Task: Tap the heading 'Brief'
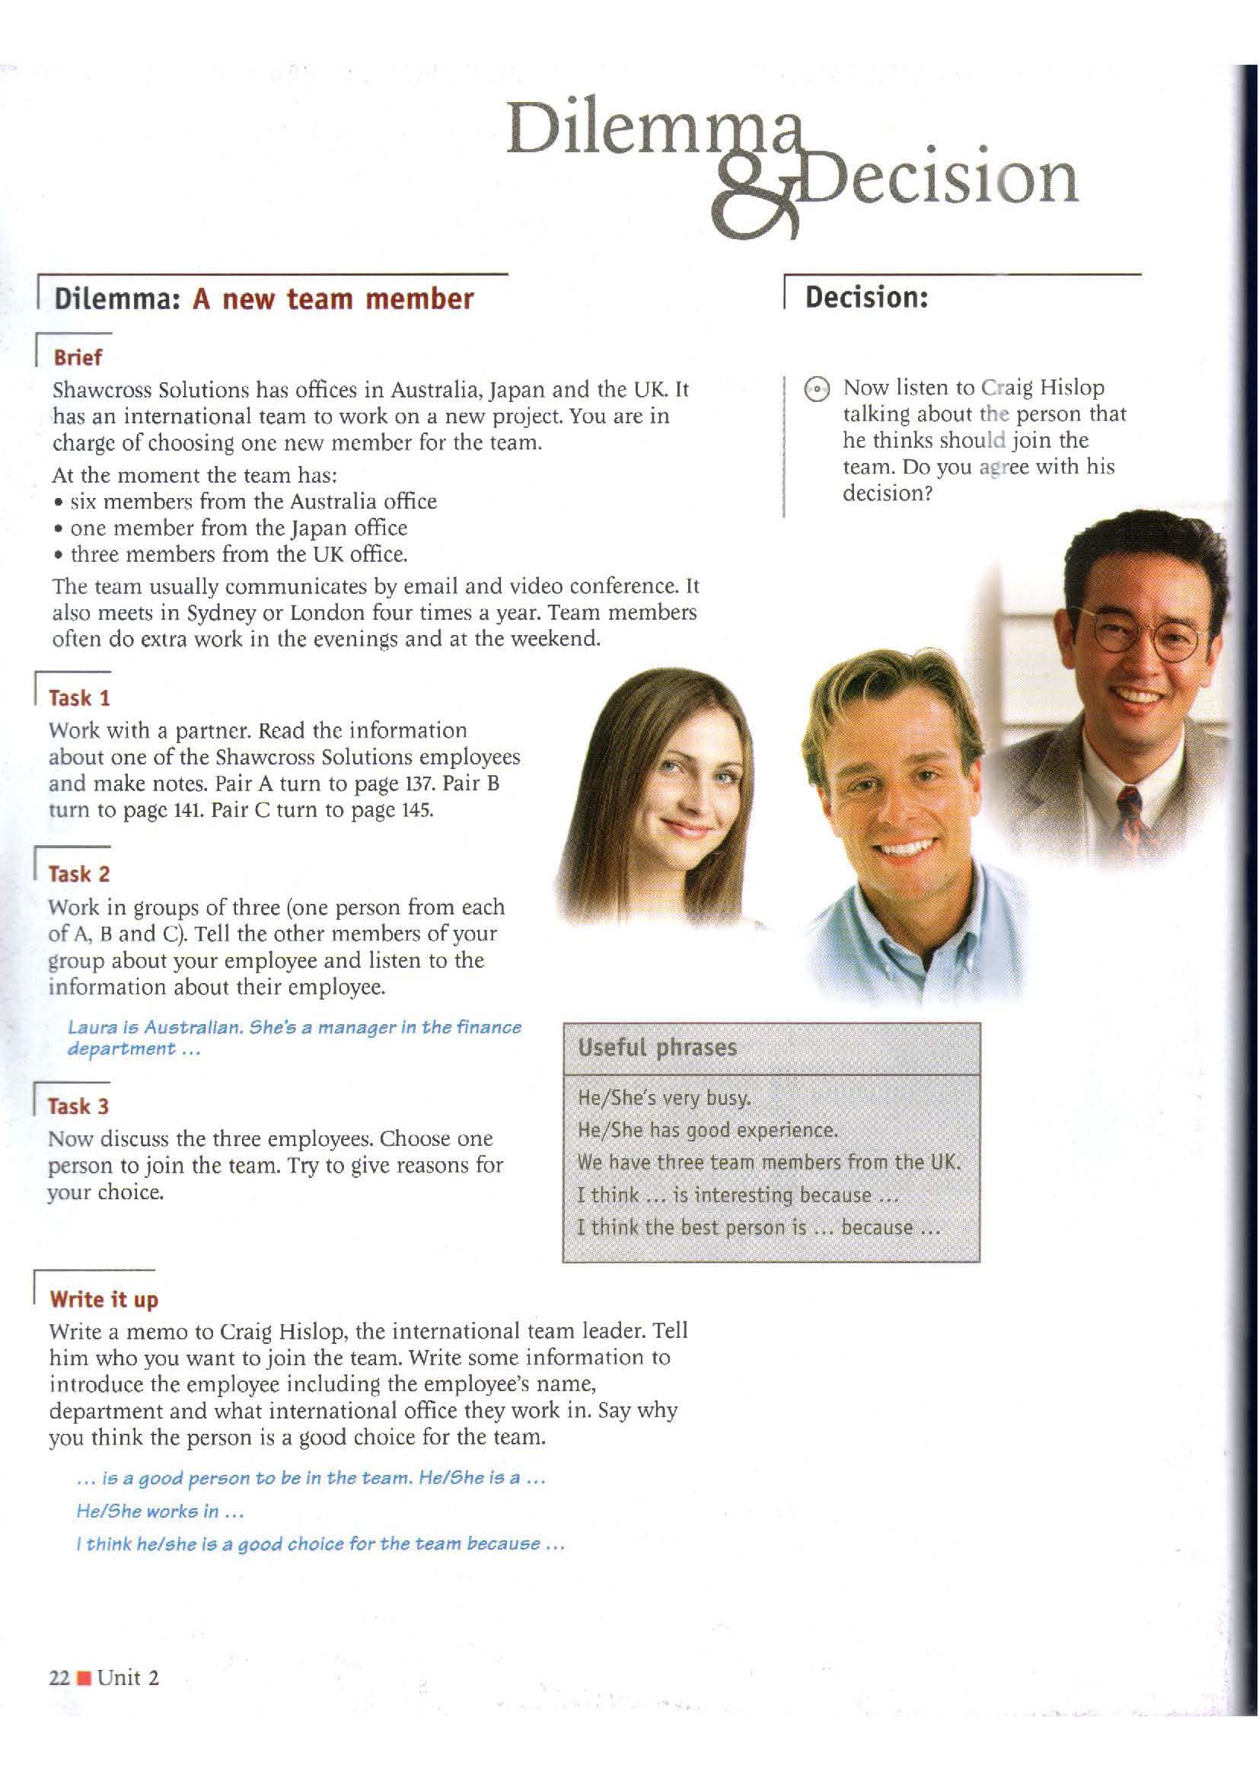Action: (x=77, y=359)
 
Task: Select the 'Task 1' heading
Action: (x=80, y=698)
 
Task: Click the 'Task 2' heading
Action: (x=80, y=874)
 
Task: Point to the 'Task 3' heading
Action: (x=79, y=1106)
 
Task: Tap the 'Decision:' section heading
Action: (x=867, y=297)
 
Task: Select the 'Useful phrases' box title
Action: (x=658, y=1048)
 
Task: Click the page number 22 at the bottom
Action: (x=59, y=1679)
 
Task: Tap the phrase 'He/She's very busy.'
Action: (x=665, y=1099)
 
